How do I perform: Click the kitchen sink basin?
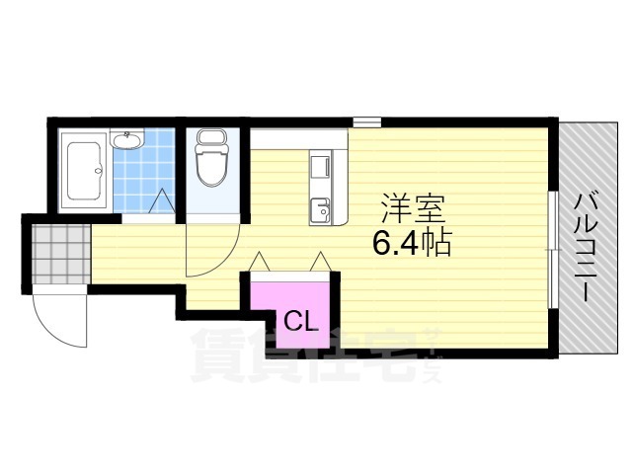(322, 210)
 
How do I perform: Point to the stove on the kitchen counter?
(322, 169)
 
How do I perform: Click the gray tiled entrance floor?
(58, 254)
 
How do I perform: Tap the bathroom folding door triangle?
(161, 201)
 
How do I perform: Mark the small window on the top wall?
(366, 122)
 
